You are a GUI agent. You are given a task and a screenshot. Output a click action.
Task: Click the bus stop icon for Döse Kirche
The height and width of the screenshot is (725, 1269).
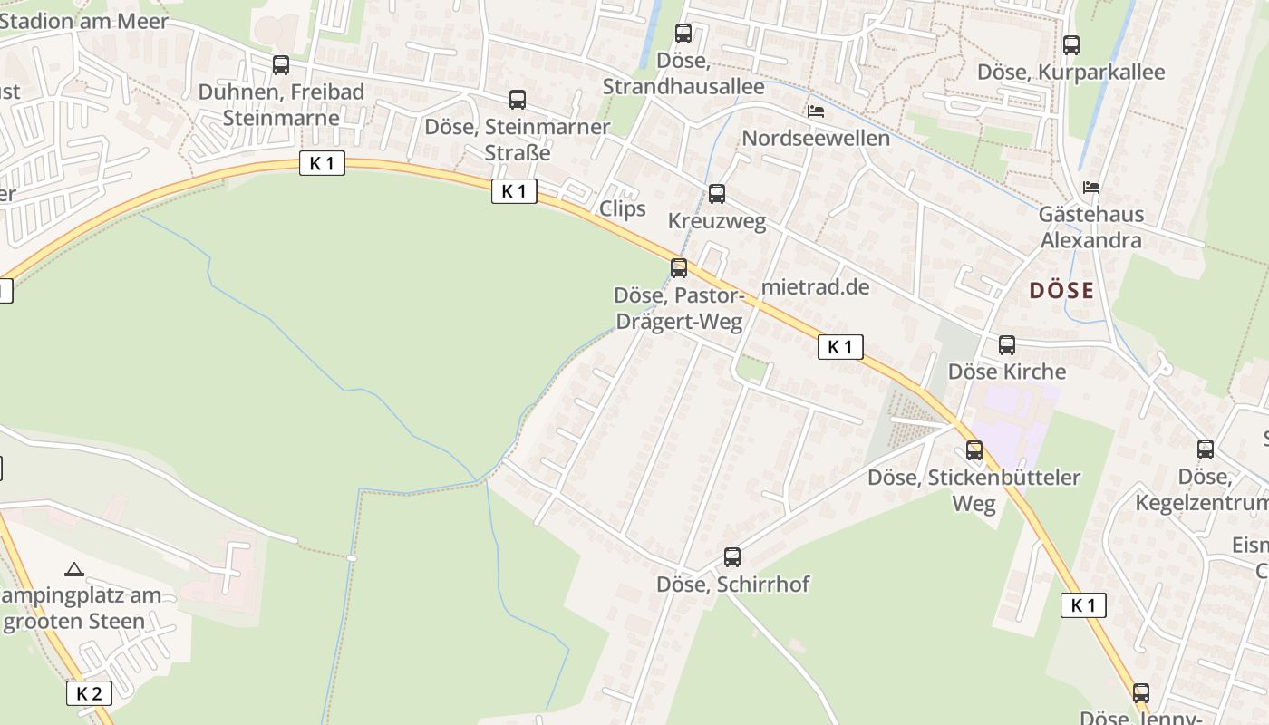(1006, 345)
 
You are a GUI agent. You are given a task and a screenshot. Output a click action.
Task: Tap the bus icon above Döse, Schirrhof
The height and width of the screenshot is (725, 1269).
(732, 557)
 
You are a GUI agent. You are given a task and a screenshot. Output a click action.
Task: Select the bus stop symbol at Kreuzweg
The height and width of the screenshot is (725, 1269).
(717, 194)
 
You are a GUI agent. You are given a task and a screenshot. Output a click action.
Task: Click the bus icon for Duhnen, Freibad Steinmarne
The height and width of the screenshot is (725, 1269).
(281, 65)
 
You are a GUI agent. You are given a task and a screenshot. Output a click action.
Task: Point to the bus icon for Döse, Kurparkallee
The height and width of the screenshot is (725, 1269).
(1071, 45)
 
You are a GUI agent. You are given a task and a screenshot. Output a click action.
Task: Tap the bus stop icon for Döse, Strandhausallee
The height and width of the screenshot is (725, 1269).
(683, 34)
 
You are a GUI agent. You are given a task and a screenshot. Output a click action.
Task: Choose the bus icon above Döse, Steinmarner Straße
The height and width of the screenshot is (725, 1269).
(518, 100)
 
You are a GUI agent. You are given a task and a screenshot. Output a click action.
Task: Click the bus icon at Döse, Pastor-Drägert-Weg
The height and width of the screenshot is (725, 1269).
(679, 268)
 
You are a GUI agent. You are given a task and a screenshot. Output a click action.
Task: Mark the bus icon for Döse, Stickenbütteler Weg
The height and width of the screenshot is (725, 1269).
(974, 450)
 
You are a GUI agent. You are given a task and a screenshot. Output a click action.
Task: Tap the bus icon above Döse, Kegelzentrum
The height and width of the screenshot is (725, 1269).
(1206, 449)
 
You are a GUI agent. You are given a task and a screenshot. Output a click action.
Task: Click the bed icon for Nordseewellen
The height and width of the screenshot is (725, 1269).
(816, 112)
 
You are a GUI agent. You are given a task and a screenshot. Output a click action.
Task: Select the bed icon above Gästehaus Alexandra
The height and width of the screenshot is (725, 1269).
(1091, 188)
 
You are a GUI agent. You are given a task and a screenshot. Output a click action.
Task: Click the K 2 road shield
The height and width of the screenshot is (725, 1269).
(89, 694)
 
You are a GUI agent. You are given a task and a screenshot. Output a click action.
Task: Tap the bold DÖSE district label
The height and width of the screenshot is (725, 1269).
(1061, 291)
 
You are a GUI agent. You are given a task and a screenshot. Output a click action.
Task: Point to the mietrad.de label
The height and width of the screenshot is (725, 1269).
(816, 287)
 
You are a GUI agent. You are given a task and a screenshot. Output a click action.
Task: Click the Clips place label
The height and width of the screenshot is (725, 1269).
(623, 208)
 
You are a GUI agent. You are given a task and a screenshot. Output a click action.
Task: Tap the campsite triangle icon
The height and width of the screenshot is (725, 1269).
(74, 569)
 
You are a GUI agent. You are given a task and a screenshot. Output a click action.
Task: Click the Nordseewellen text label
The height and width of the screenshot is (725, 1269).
(816, 139)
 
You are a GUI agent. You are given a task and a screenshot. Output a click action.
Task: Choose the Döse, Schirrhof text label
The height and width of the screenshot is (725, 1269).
(732, 585)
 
